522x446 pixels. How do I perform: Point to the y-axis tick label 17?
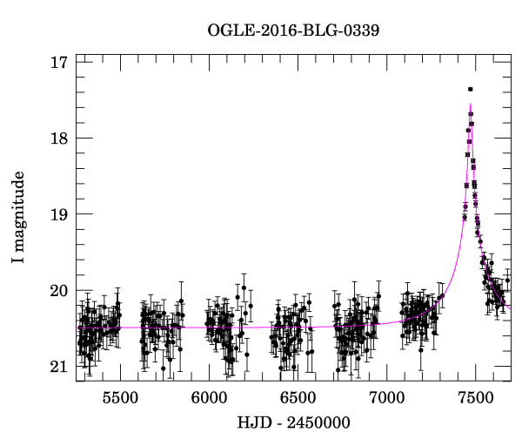tap(59, 63)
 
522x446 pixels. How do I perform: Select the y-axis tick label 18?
tap(59, 139)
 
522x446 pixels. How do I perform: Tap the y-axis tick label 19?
tap(59, 214)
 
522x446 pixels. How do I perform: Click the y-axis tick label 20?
tap(59, 291)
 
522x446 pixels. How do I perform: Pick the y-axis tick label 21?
tap(59, 367)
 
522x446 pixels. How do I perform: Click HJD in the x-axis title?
tap(254, 423)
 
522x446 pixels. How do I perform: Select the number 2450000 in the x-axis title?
tap(318, 423)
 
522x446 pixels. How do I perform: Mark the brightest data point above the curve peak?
tap(470, 89)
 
